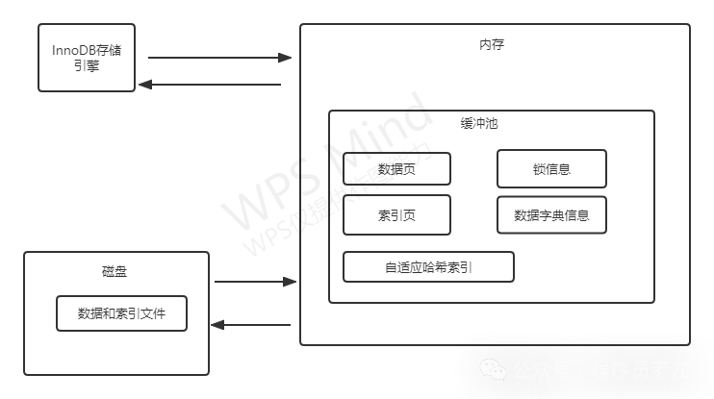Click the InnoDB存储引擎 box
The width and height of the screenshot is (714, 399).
click(x=87, y=57)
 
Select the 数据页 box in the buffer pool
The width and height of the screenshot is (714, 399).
click(x=396, y=169)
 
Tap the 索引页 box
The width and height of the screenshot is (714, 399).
click(x=396, y=215)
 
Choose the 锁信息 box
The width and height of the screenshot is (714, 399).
click(x=551, y=169)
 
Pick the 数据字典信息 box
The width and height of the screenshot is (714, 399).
click(x=551, y=215)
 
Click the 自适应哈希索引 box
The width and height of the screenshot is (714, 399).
click(x=428, y=266)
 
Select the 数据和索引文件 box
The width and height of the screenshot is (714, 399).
click(x=121, y=313)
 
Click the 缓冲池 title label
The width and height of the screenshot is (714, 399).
click(x=478, y=125)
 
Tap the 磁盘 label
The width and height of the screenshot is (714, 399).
click(x=114, y=271)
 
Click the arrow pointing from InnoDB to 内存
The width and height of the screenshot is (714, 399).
click(x=219, y=58)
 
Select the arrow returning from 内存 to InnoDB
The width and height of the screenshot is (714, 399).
click(x=210, y=85)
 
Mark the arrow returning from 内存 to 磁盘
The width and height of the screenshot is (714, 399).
click(x=250, y=325)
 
